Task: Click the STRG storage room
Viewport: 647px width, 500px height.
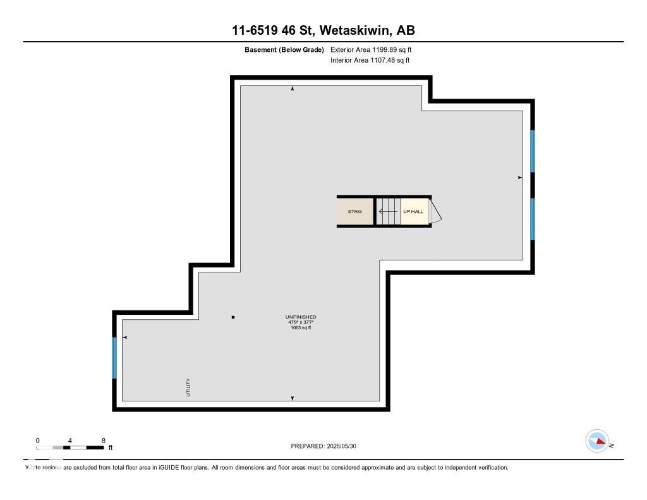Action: (355, 211)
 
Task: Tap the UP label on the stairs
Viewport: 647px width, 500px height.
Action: (407, 211)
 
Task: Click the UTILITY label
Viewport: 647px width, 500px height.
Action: (188, 387)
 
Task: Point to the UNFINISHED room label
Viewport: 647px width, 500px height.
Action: (301, 317)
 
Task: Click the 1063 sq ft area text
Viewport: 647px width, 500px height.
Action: (301, 328)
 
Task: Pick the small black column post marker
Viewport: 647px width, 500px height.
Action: (233, 317)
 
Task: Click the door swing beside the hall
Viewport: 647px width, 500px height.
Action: (435, 211)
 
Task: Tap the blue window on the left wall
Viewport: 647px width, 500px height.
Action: (114, 358)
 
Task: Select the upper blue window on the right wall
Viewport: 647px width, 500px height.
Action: (532, 151)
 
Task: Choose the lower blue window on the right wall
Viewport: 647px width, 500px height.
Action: (532, 219)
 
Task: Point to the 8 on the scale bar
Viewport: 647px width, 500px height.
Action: (104, 441)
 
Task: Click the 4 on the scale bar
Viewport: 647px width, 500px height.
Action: (70, 441)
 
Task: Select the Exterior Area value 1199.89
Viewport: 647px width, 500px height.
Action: (385, 49)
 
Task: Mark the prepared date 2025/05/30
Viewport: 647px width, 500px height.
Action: (342, 446)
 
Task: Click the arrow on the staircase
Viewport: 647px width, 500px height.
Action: (389, 211)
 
